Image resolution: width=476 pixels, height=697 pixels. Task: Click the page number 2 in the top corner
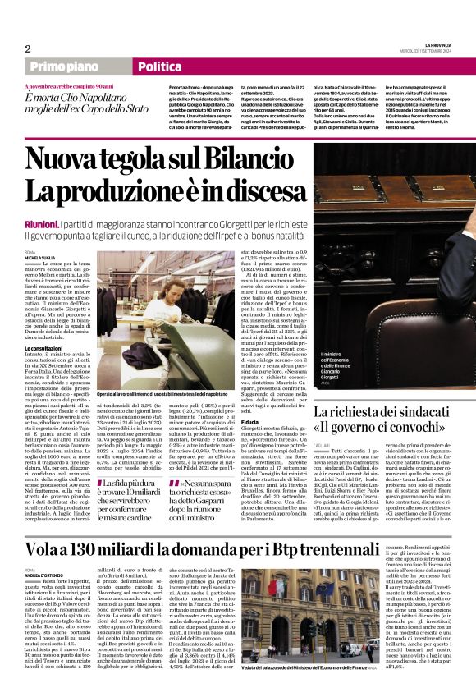tap(28, 48)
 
